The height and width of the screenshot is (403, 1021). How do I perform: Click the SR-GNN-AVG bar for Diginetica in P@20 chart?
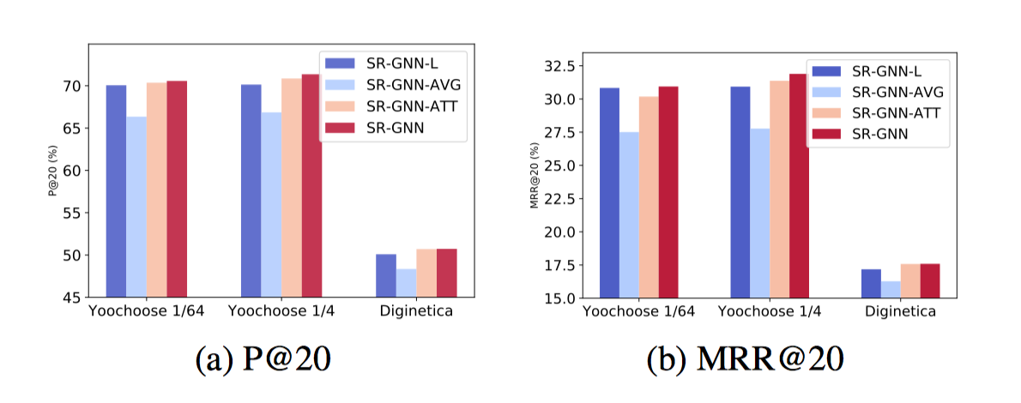pos(406,283)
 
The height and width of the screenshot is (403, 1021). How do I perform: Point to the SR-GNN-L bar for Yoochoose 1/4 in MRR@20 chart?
pos(740,192)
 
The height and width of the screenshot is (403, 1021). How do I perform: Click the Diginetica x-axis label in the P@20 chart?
pos(415,312)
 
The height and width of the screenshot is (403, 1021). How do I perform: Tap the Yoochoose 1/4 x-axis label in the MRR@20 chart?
pos(770,312)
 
